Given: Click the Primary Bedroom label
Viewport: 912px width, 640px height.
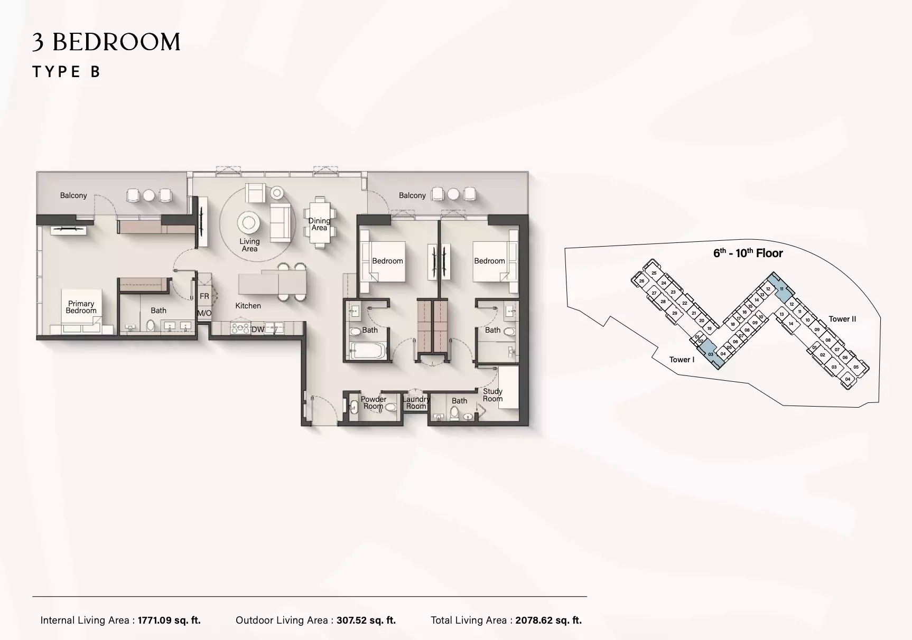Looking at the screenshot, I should (81, 307).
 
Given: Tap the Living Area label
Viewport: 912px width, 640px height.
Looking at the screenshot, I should (249, 245).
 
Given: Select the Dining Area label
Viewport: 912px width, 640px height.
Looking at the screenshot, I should (319, 224).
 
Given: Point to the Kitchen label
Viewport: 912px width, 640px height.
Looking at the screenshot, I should (248, 306).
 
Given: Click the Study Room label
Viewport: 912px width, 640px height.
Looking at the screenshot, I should (492, 395).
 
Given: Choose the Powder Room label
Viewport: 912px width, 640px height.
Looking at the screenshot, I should (373, 403).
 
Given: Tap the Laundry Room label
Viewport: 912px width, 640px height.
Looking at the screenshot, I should (416, 403).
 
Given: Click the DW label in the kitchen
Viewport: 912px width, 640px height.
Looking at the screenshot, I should (257, 330).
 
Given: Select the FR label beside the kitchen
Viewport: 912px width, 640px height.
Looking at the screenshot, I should (204, 296).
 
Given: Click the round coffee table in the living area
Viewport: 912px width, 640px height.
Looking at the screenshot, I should (248, 222).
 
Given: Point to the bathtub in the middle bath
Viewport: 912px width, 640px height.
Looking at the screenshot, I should (369, 351).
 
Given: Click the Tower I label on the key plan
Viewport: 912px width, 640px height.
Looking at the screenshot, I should (682, 360).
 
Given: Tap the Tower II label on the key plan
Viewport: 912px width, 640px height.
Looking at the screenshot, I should (842, 319).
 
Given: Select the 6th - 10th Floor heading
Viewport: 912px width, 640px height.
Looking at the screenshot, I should (748, 253).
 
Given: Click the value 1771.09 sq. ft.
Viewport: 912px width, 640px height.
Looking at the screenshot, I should (169, 620).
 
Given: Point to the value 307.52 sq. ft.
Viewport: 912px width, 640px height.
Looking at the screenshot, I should (366, 620).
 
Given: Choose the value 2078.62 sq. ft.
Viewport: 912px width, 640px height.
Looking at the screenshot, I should (548, 620).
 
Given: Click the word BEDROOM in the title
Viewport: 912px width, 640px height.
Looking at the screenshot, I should (116, 42).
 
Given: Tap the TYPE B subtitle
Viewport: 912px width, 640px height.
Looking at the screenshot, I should (67, 72).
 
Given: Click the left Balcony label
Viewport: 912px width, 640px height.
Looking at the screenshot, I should (73, 195).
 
